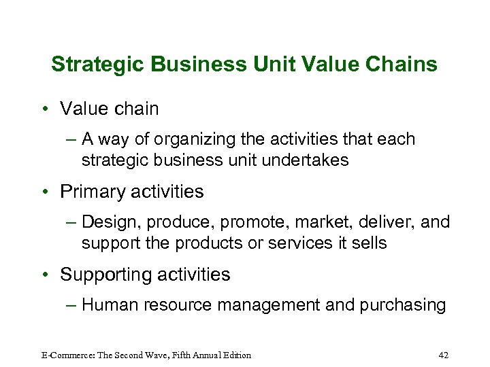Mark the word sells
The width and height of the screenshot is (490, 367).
click(368, 243)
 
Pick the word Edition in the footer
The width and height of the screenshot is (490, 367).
click(235, 355)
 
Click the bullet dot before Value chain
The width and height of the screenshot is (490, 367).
click(44, 109)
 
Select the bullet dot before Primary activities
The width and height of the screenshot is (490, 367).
click(44, 192)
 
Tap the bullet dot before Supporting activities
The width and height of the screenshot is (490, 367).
click(44, 275)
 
